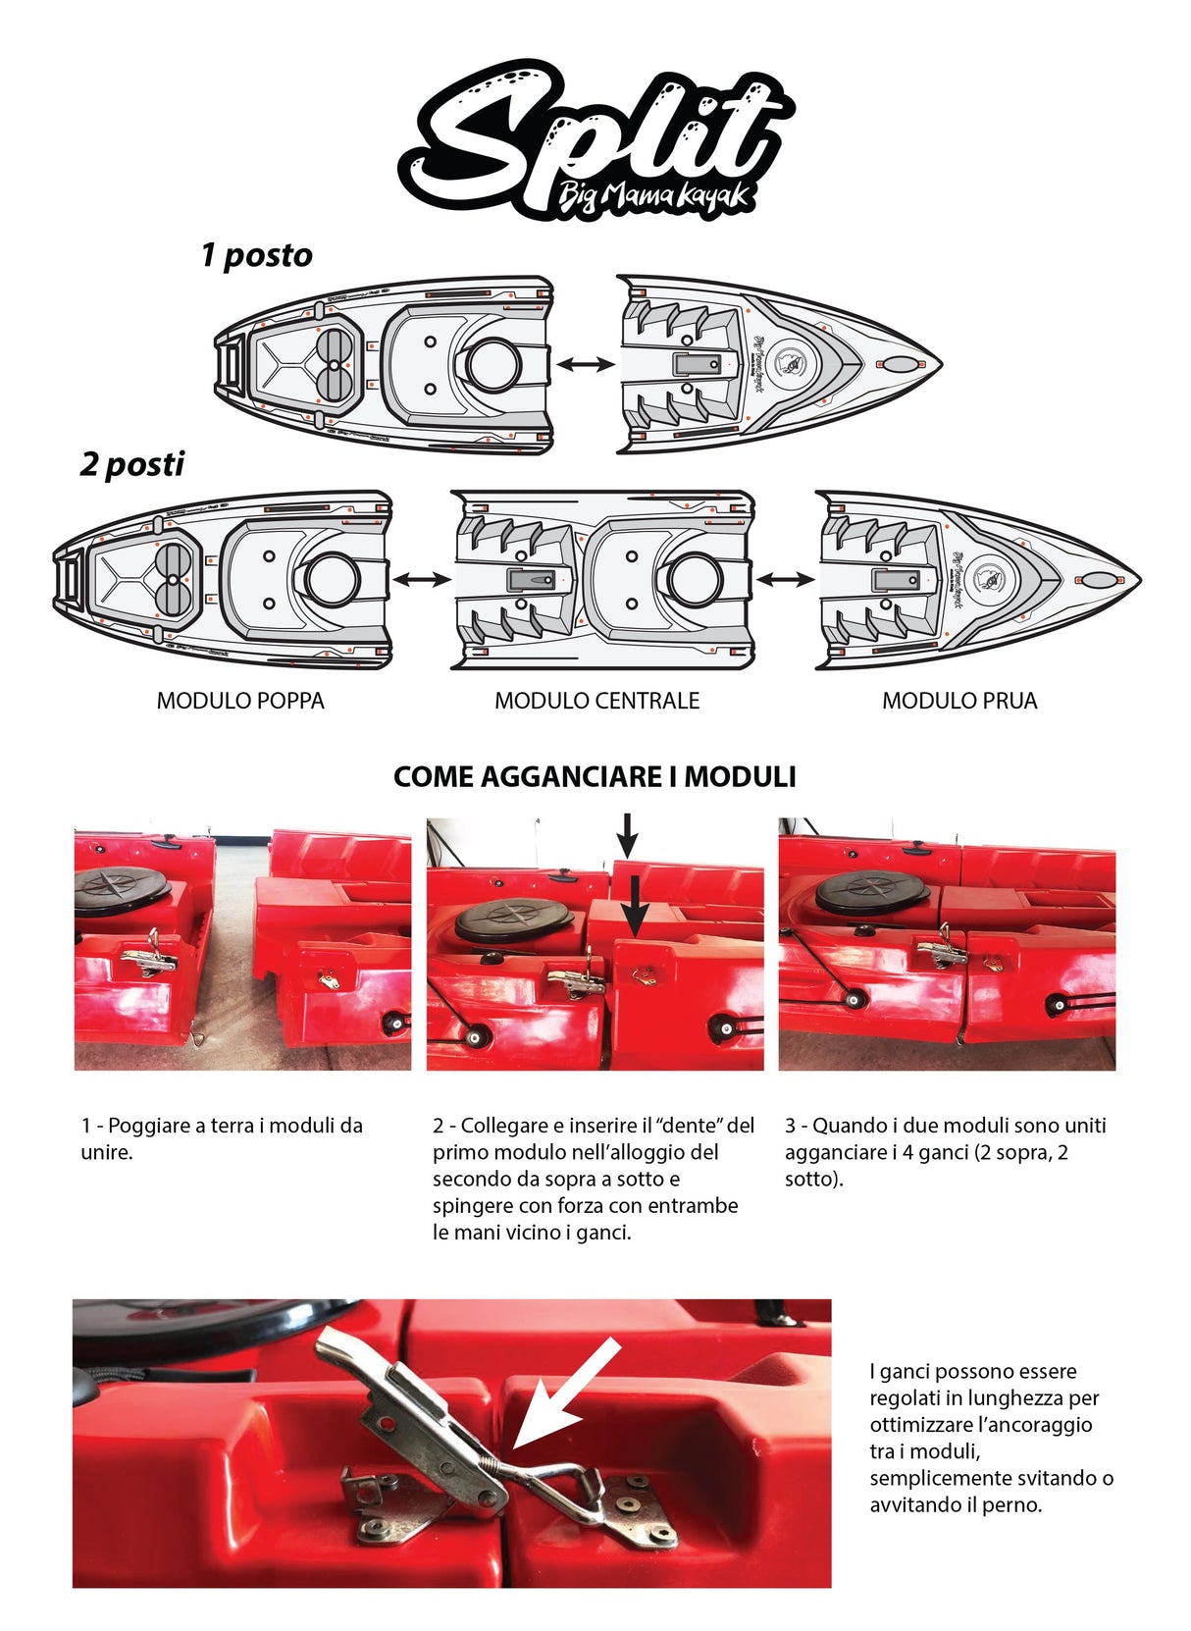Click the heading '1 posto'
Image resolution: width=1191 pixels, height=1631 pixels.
coord(256,255)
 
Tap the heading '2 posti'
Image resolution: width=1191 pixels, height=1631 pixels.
coord(131,463)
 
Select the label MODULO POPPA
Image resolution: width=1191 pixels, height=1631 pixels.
coord(240,701)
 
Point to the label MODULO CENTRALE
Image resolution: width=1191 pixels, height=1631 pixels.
coord(596,701)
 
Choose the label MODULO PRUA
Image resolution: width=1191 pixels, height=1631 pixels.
coord(958,701)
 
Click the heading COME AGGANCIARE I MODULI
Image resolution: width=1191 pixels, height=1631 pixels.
coord(595,776)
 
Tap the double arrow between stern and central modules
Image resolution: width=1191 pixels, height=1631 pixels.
coord(421,580)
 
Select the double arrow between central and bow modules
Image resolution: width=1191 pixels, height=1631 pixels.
coord(785,580)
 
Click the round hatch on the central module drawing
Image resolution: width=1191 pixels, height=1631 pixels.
coord(695,580)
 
